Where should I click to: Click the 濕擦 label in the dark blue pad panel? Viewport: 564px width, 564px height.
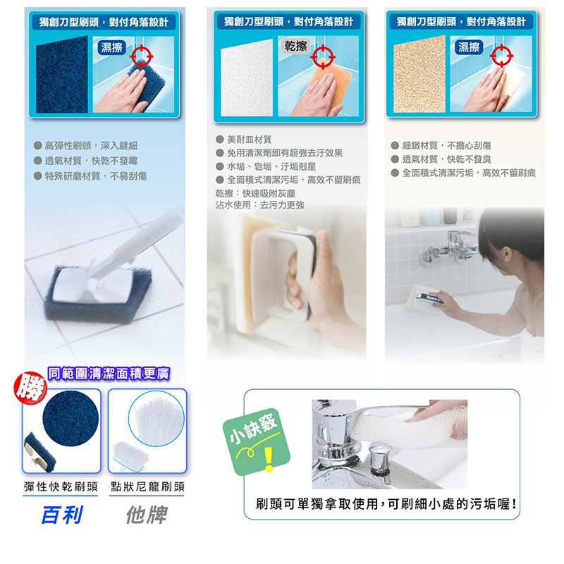click(111, 47)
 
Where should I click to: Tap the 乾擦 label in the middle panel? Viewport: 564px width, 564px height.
click(295, 46)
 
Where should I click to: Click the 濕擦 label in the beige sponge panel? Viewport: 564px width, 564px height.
click(469, 47)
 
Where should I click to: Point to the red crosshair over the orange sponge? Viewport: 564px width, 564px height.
click(323, 57)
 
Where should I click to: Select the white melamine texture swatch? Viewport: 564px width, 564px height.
click(247, 78)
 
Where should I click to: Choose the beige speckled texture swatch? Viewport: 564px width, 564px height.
click(419, 74)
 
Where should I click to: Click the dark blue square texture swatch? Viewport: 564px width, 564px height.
click(62, 75)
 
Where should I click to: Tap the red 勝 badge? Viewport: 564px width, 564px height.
click(30, 388)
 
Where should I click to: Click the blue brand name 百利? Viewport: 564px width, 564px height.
click(62, 515)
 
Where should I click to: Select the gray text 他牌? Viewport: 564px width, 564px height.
click(147, 515)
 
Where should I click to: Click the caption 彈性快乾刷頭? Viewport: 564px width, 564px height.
click(61, 486)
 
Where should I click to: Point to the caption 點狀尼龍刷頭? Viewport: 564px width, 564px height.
click(147, 486)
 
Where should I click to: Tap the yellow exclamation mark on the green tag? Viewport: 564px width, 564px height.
click(269, 459)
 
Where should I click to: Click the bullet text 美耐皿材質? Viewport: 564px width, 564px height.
click(250, 139)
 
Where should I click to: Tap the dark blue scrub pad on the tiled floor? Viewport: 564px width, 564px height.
click(98, 293)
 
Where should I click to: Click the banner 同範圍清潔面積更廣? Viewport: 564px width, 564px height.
click(109, 374)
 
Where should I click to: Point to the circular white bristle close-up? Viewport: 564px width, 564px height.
click(156, 418)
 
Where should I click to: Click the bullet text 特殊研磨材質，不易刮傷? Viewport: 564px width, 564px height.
click(96, 176)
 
